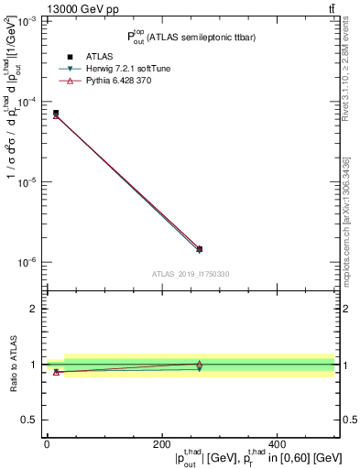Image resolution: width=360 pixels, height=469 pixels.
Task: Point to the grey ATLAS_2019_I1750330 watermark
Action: pyautogui.click(x=191, y=274)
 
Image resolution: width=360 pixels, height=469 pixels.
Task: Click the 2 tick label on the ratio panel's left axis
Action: pyautogui.click(x=34, y=309)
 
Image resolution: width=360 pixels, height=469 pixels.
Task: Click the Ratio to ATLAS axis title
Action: pyautogui.click(x=11, y=365)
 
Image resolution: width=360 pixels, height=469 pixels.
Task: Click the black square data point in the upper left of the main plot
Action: pyautogui.click(x=56, y=113)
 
